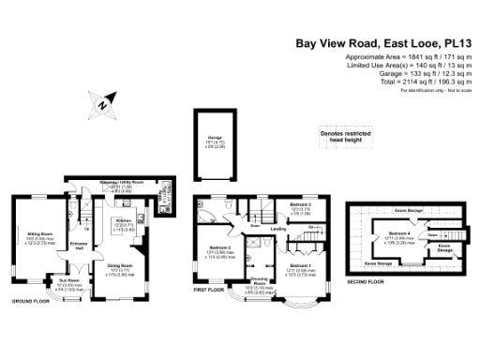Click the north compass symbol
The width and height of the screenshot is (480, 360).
(102, 104)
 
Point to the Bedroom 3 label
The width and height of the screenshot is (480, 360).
(300, 204)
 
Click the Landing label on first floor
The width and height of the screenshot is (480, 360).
(278, 227)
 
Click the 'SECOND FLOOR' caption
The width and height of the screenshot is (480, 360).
(366, 281)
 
